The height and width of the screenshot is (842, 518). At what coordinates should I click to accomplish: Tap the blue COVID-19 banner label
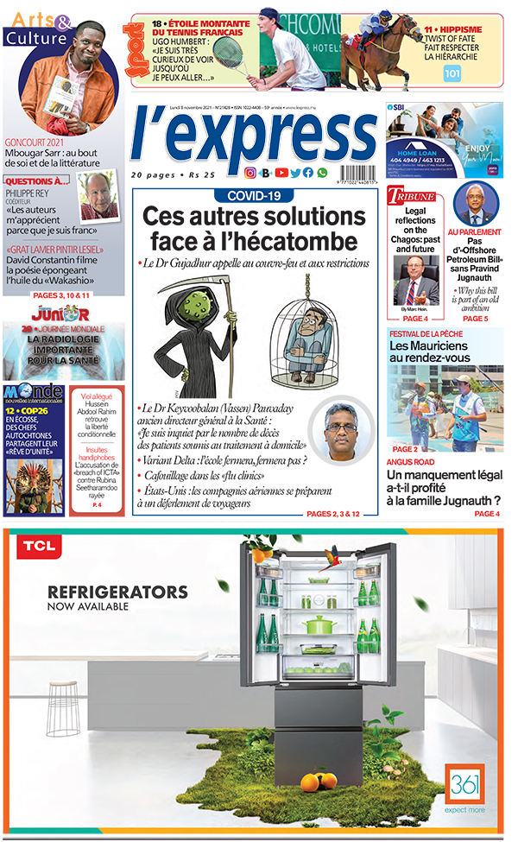click(255, 196)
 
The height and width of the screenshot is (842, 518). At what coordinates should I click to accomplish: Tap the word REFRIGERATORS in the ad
click(117, 592)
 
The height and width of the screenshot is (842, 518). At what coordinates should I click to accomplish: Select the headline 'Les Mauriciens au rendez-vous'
click(430, 351)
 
